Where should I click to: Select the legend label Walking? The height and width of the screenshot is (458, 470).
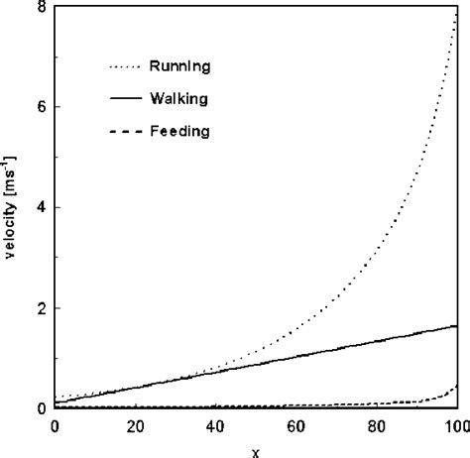179,99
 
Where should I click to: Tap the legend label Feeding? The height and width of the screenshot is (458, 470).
179,131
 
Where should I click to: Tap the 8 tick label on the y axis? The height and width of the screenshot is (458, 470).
39,7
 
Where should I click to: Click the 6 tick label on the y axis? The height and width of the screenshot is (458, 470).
39,107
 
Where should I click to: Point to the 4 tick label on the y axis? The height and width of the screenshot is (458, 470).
39,207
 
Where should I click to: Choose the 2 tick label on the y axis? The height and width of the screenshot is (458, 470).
39,308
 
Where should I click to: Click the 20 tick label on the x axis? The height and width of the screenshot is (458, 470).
135,426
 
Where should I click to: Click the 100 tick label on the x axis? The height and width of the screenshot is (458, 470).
454,426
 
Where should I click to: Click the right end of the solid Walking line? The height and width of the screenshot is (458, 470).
455,325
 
